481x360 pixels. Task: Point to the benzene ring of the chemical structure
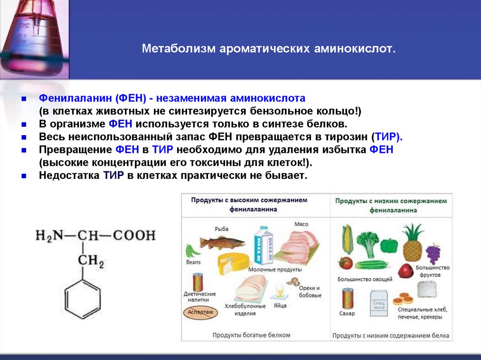(83, 298)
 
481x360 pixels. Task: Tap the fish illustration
(222, 242)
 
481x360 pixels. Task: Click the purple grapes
(433, 254)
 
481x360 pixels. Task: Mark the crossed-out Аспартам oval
(200, 312)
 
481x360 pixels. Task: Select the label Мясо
(301, 224)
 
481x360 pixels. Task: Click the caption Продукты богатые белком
(251, 335)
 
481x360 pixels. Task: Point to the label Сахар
(347, 314)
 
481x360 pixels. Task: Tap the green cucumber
(371, 264)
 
